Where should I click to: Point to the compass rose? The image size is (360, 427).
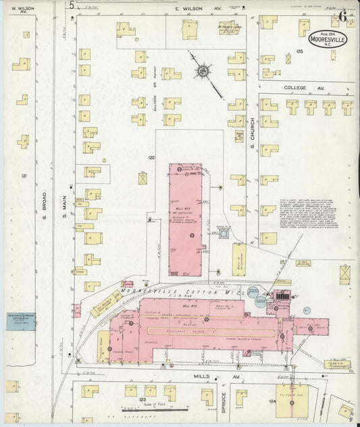point(202,70)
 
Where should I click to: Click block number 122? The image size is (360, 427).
point(151,157)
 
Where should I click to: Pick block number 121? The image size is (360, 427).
point(24,176)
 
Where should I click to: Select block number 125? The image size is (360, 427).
point(299,51)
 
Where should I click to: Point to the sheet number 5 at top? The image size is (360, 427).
point(72,5)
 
